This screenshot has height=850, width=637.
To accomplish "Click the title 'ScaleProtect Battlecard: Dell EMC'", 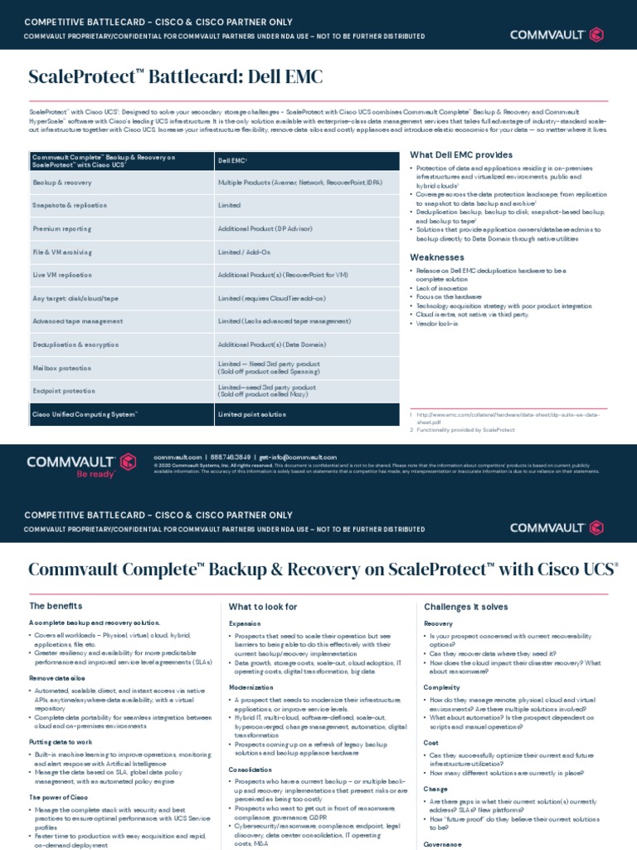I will point(175,77).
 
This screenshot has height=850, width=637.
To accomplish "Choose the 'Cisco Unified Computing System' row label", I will point(85,413).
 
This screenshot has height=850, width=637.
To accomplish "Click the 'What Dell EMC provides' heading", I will point(461,155).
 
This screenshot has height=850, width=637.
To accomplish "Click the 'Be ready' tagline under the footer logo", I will point(95,474).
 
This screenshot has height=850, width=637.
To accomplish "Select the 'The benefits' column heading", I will point(56,606).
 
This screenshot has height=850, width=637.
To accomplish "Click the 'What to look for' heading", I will point(262,606).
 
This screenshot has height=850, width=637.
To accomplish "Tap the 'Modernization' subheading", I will point(252,687).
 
